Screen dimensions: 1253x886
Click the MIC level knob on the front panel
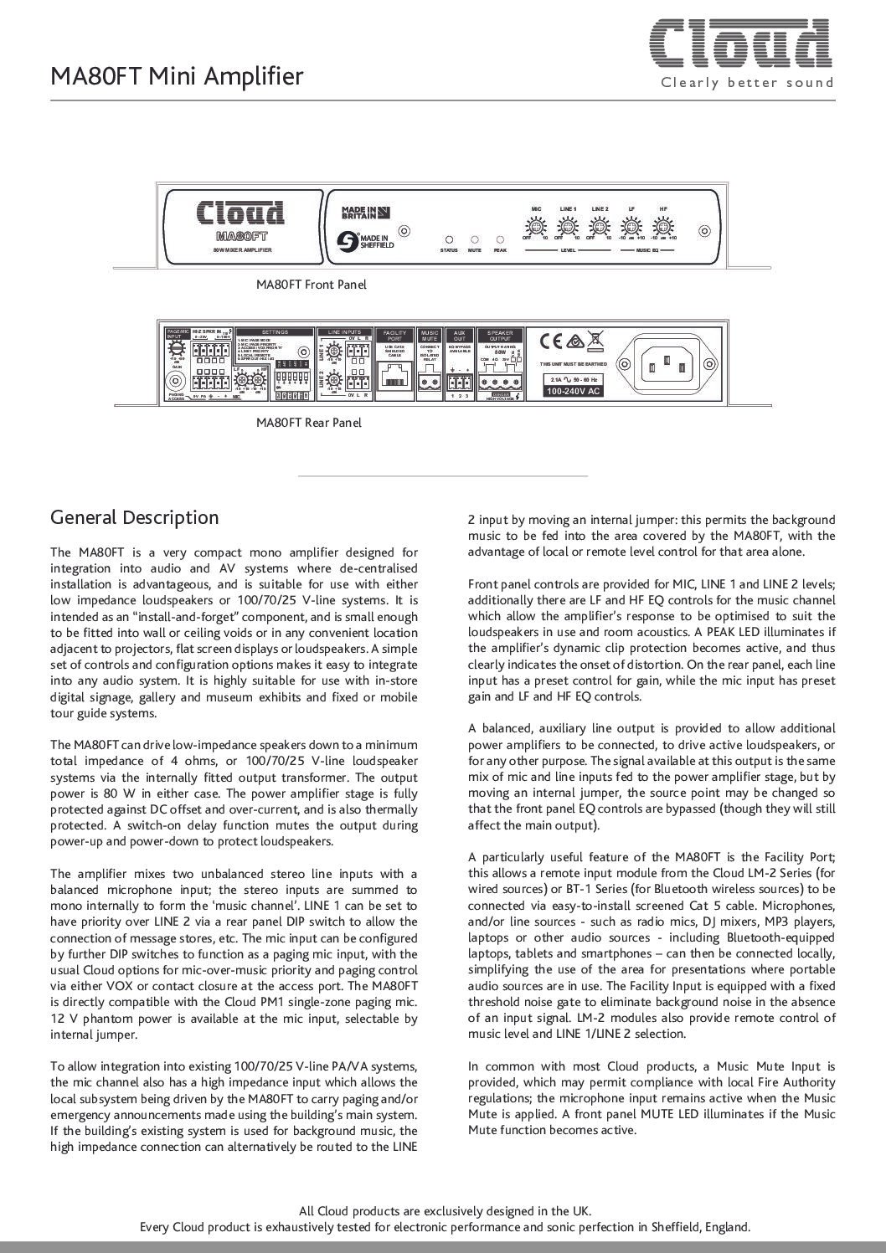click(536, 226)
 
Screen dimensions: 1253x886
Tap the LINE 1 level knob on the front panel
click(568, 226)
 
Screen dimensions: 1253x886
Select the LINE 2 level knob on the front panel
click(599, 226)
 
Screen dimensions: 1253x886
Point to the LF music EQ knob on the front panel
click(631, 226)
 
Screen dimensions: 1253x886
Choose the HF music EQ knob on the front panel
click(663, 226)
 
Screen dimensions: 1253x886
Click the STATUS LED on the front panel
click(449, 239)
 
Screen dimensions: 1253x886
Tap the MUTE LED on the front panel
click(475, 239)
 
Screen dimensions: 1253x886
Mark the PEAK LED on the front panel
click(500, 239)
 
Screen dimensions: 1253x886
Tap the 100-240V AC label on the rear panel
click(572, 391)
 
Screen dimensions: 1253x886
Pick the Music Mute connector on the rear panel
click(430, 383)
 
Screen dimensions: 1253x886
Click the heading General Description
click(135, 517)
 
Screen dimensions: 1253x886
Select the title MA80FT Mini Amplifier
click(177, 77)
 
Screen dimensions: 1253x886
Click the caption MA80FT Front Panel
click(311, 285)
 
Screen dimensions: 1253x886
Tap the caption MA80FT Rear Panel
click(309, 423)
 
